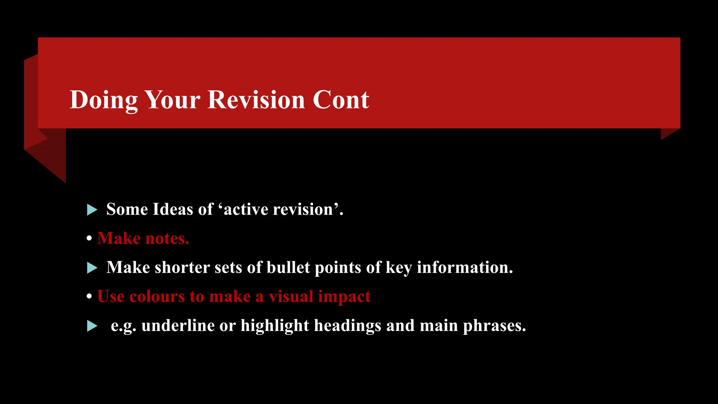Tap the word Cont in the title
pos(340,100)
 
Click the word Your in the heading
pos(172,100)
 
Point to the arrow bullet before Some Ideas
pos(92,210)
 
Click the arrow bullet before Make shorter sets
pos(92,268)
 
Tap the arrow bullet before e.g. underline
pos(92,326)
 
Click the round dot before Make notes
pos(89,238)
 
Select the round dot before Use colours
pos(89,297)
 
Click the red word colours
pos(157,297)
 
